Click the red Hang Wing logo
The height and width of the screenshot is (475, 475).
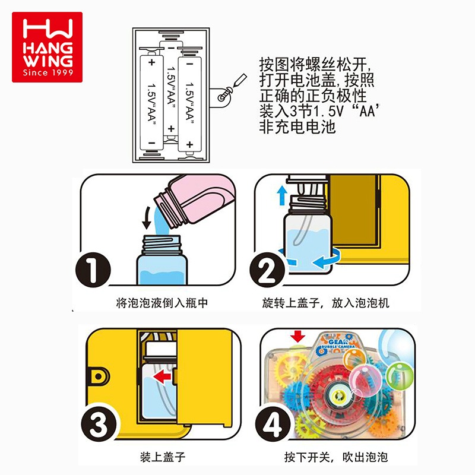47,47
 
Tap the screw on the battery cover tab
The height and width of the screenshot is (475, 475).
225,94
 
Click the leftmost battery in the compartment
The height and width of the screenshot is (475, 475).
151,103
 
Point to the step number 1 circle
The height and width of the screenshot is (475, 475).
93,270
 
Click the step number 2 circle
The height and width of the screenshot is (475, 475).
268,270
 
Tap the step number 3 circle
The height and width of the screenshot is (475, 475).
99,424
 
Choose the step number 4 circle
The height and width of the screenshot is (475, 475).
273,424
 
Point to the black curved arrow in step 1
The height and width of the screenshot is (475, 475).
147,217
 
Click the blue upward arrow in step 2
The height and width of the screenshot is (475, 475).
283,195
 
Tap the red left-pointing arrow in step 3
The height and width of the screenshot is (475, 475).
162,377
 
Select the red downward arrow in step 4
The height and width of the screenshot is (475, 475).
298,336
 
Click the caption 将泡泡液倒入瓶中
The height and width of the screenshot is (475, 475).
162,303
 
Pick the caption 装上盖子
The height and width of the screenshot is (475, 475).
163,457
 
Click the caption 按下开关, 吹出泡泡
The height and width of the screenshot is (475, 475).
336,457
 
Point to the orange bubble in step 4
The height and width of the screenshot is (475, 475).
354,359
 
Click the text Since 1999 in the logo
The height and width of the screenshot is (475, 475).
48,72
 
